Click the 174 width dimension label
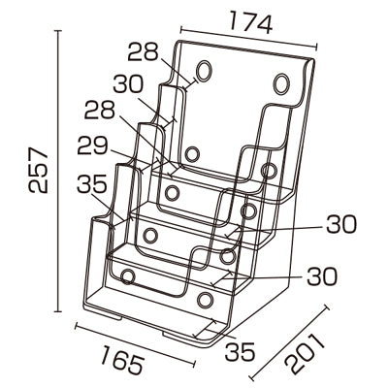coord(251,22)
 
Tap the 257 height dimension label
coord(39,170)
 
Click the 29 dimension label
coord(92,145)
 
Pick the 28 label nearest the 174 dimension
coord(144,51)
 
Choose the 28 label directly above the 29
coord(100,110)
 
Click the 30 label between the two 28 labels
coord(128,84)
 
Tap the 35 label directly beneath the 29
coord(92,183)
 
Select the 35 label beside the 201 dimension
coord(241,352)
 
